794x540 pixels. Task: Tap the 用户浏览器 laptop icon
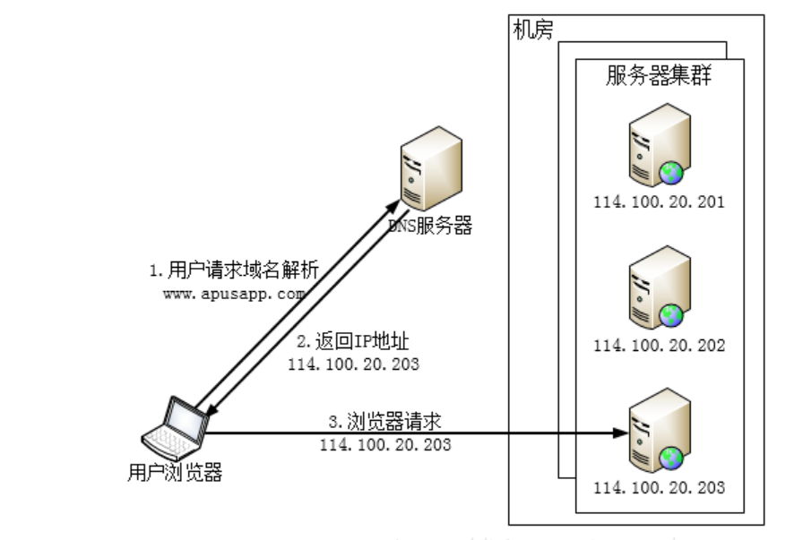point(177,429)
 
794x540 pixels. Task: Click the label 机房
point(533,30)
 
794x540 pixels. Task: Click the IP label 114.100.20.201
point(659,202)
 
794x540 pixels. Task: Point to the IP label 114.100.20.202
point(659,345)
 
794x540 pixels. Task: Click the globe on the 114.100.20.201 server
point(672,172)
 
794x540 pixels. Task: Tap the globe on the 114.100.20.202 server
point(672,315)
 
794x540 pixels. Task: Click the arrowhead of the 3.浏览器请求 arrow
point(619,433)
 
